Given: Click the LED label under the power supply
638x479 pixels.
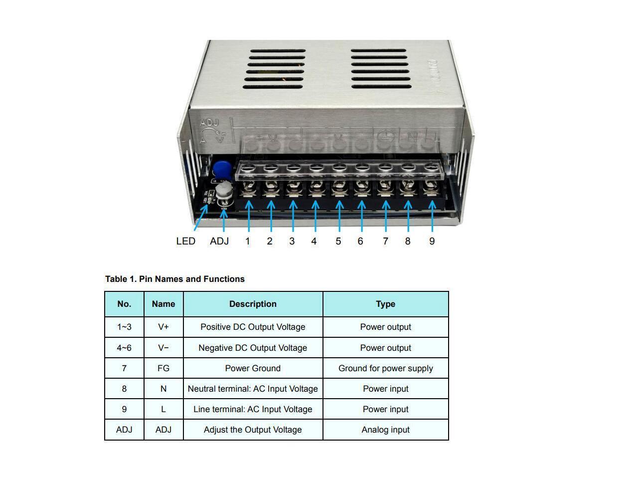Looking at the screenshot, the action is [185, 241].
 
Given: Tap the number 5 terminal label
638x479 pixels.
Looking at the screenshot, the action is [338, 241].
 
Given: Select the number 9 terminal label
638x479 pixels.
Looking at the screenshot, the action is [432, 241].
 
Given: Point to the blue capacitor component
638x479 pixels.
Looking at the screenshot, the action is [219, 168].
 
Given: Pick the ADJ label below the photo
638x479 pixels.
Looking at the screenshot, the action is [219, 241].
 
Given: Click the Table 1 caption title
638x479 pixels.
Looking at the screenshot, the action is [175, 279].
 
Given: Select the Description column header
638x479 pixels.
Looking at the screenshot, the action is [253, 304].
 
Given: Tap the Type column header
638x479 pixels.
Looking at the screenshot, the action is [385, 304].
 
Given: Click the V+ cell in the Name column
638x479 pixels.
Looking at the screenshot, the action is [163, 327].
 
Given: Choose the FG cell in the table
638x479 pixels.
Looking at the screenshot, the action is [163, 368].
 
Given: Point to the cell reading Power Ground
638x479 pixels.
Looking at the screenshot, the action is [253, 368].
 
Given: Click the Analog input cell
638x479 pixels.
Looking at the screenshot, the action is [385, 430].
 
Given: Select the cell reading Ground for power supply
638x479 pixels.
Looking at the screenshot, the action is [385, 368].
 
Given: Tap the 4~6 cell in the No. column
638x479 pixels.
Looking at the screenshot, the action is [124, 348].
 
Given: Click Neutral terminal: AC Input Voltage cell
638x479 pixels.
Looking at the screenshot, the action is [253, 389].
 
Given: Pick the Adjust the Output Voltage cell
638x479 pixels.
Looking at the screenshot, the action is [253, 430].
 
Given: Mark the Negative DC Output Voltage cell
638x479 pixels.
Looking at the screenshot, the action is [253, 348].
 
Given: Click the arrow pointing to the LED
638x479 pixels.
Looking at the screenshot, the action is [200, 218].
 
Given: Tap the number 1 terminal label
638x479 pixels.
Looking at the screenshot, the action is [248, 241].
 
